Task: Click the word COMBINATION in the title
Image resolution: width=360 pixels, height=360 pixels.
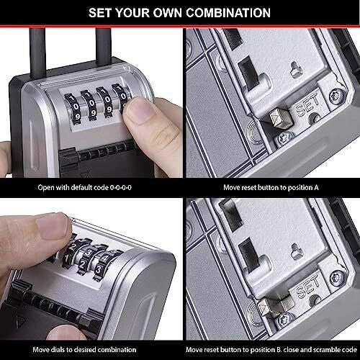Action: coord(228,13)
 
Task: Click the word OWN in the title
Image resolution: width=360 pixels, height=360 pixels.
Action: coord(168,13)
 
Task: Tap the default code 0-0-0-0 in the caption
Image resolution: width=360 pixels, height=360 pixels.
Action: coord(120,187)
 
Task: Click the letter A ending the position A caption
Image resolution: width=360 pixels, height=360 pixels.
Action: coord(316,187)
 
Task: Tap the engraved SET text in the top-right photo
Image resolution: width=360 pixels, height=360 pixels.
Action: coord(308,106)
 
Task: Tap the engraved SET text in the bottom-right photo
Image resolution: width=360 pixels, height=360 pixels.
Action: coord(308,287)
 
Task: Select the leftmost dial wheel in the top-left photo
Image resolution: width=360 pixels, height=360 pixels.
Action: coord(73,109)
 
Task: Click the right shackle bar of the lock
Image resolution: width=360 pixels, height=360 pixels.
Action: coord(104,45)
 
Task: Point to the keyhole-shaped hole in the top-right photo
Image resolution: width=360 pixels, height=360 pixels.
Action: coord(297,70)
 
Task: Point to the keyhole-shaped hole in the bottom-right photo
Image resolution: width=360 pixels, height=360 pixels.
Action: coord(297,251)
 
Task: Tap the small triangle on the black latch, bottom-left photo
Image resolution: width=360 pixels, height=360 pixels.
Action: coord(19,321)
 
